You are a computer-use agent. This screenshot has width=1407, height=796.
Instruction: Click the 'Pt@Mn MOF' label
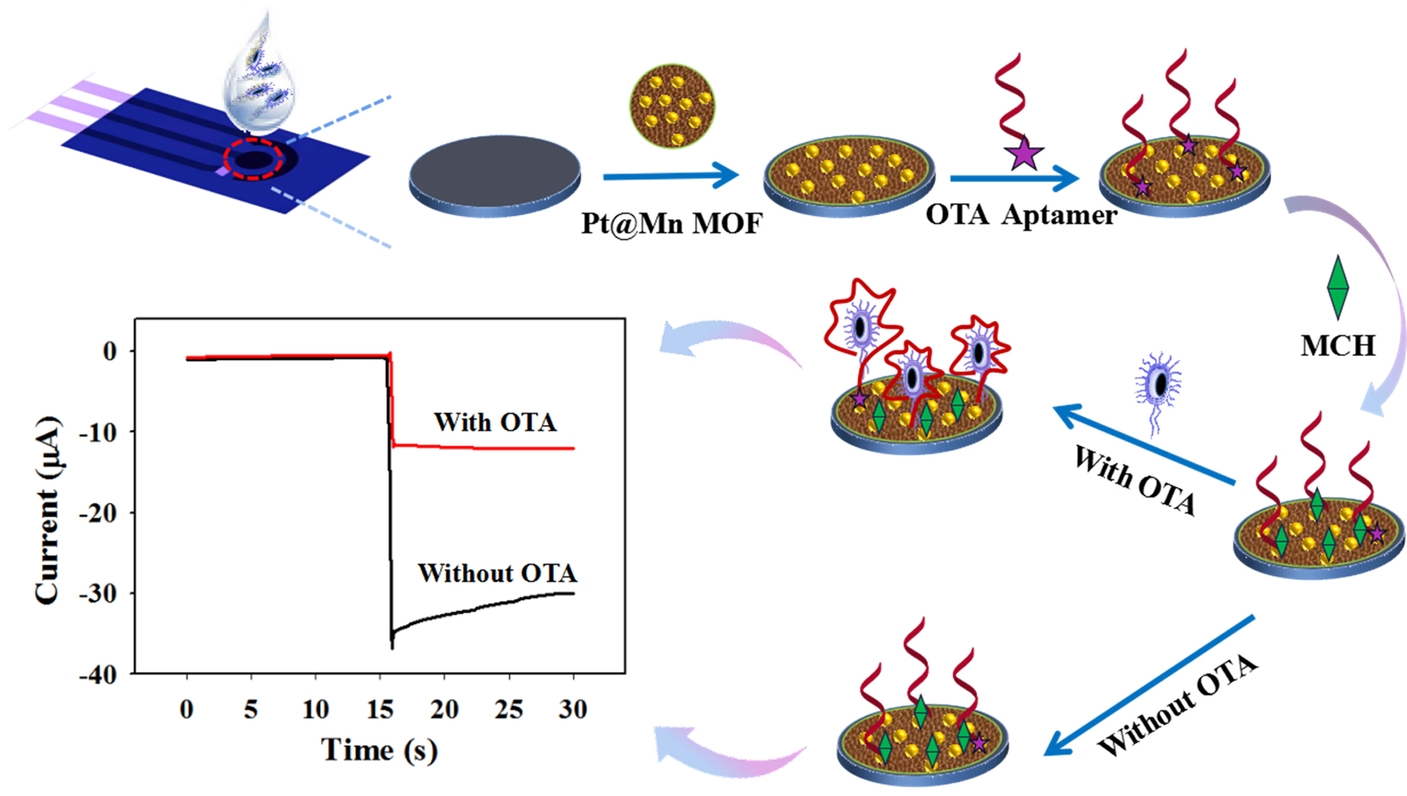671,223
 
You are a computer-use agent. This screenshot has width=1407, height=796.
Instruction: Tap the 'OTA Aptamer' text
1021,215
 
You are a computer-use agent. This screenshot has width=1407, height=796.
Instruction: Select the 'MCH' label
1338,346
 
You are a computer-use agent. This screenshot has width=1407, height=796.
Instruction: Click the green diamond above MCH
1338,287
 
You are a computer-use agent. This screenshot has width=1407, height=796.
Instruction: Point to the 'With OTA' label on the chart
495,422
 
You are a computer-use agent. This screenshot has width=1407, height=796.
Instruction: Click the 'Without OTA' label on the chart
498,573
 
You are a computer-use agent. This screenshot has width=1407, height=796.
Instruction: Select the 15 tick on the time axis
380,709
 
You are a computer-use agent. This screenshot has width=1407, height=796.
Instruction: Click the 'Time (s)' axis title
379,750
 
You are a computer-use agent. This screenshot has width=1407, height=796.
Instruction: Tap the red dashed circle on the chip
253,160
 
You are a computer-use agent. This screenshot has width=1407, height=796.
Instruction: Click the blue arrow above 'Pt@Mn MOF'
670,176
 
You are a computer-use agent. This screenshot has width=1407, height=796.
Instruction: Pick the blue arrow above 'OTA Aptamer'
1014,178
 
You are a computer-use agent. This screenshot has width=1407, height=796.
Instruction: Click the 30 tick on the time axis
573,709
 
